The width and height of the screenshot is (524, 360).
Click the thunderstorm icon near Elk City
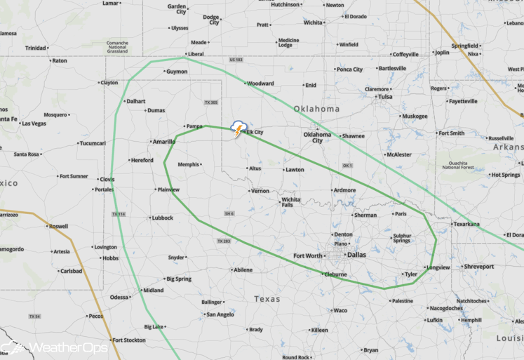[x=239, y=128]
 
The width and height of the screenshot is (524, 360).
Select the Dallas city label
[x=356, y=255]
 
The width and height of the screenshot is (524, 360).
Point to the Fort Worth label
[x=308, y=255]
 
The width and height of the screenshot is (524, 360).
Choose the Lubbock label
[x=161, y=218]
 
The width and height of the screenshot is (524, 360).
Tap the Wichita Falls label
[x=291, y=202]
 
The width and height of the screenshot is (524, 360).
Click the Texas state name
[x=267, y=299]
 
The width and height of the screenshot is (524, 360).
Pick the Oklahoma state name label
[x=316, y=109]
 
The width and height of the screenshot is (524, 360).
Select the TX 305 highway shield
[x=211, y=102]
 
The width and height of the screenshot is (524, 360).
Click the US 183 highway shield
[x=236, y=60]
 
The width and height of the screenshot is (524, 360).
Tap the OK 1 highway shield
[x=347, y=165]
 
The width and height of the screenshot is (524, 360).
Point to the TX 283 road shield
[x=223, y=241]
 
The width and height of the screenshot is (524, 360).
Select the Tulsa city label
[x=385, y=97]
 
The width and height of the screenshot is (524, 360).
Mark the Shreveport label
[x=478, y=267]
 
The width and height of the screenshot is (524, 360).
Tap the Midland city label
[x=153, y=290]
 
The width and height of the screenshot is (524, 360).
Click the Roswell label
[x=59, y=226]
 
